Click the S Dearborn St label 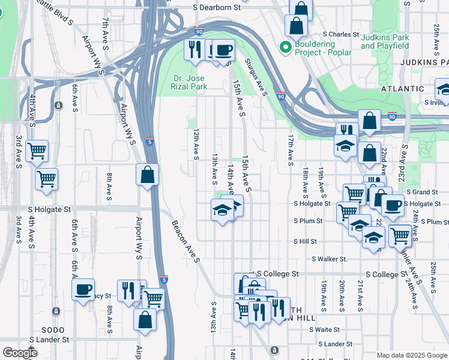tap(217, 8)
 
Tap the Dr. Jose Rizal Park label tap(190, 82)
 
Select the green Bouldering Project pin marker tap(285, 47)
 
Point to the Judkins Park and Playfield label tap(385, 41)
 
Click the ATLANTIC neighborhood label tap(402, 88)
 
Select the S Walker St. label tap(330, 259)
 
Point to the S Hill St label tap(304, 241)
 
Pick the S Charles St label tap(340, 35)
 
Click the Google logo tap(19, 353)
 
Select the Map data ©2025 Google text tap(411, 355)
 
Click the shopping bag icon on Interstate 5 tap(147, 175)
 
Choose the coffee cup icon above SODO tap(83, 289)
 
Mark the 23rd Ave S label tap(405, 159)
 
